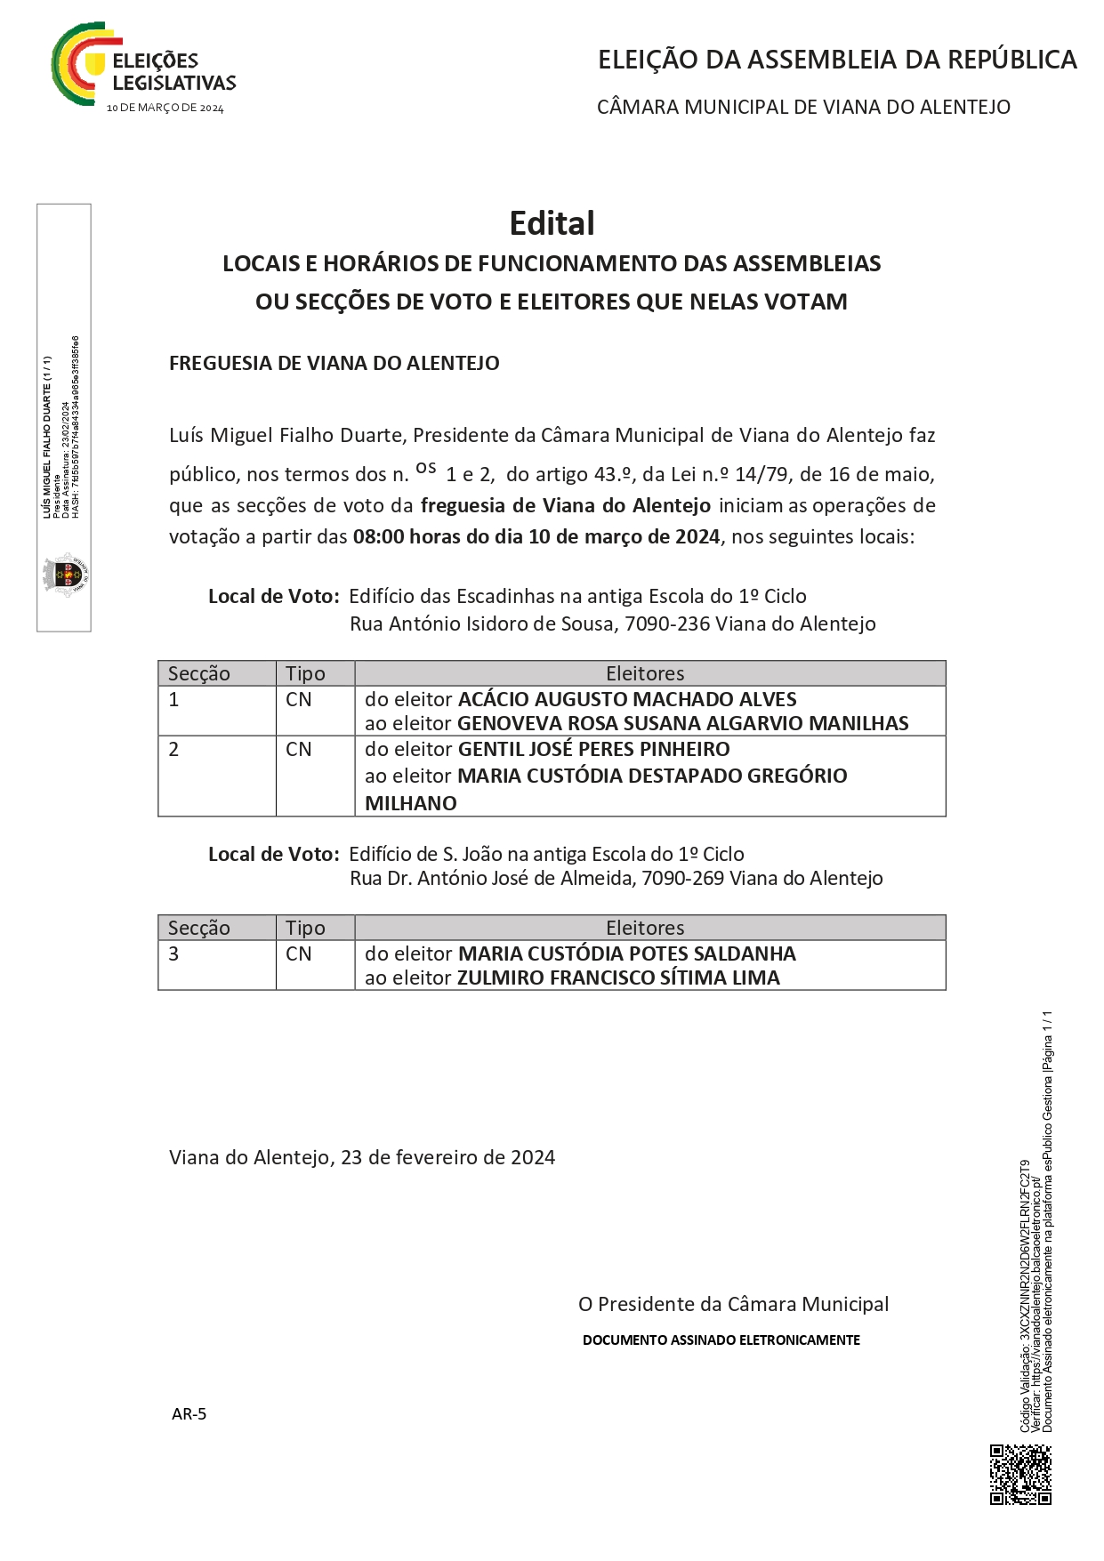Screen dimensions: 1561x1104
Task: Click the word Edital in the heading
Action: (552, 223)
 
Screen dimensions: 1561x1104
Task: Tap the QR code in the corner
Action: (1020, 1474)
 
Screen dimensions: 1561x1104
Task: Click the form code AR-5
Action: (189, 1413)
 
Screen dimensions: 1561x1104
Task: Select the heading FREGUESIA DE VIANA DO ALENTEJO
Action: (334, 363)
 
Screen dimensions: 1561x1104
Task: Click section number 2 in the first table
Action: (173, 750)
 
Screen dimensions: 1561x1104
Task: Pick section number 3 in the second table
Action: (173, 953)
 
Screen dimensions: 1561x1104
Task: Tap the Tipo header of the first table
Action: (305, 673)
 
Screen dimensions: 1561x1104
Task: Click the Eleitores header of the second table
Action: (645, 928)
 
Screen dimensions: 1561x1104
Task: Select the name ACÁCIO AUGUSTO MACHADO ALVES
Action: (627, 699)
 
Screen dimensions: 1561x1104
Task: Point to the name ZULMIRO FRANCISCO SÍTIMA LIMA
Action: (618, 978)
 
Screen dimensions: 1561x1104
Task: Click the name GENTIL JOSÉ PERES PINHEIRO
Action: (593, 749)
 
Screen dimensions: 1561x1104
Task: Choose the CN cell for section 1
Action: (299, 700)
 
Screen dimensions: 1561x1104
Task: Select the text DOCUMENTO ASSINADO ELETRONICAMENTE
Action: (721, 1340)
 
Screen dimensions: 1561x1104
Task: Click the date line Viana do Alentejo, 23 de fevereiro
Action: (361, 1157)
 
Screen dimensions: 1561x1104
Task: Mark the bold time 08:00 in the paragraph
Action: (378, 536)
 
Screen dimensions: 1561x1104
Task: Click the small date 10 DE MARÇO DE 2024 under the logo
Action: (165, 109)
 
